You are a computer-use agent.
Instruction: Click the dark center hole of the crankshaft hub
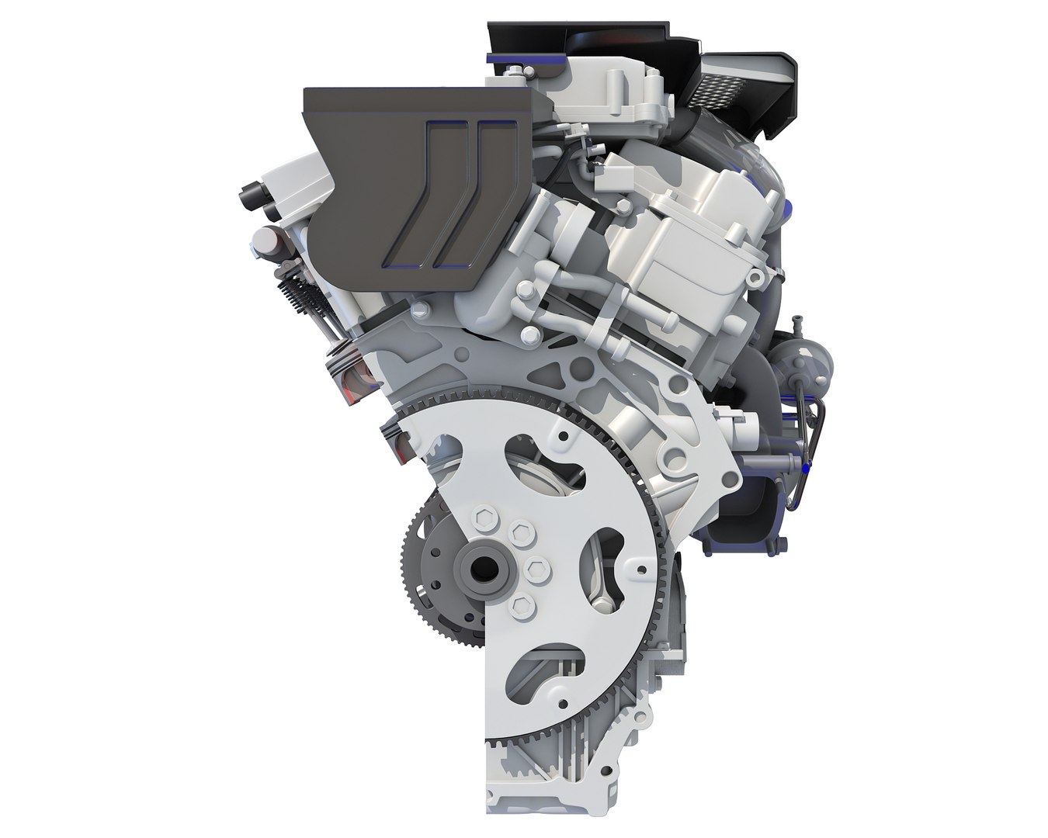point(484,569)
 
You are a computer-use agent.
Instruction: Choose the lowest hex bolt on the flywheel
point(522,605)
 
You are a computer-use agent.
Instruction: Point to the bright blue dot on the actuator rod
point(807,468)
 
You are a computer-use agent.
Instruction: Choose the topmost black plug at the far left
point(250,194)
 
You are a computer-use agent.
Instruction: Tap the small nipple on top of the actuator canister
point(796,322)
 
